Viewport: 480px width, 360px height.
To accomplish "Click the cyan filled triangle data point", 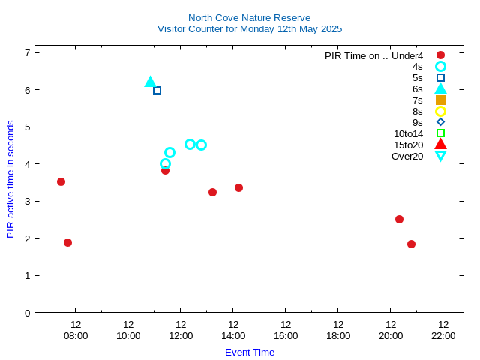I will click(150, 82).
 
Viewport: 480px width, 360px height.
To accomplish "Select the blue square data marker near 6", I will click(157, 90).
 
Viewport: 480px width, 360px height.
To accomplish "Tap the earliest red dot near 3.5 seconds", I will click(61, 181).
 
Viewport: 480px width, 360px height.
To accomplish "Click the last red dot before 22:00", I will click(411, 244).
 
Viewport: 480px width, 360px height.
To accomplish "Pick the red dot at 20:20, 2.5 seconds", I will click(399, 219).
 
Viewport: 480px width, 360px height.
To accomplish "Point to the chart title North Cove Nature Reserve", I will click(249, 17).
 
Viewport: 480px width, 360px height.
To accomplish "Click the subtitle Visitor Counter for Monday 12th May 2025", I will click(249, 29).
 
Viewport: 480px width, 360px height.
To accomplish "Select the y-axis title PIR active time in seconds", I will click(10, 179).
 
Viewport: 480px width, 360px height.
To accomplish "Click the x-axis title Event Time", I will click(249, 352).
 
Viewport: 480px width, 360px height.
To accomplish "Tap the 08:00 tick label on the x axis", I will click(76, 335).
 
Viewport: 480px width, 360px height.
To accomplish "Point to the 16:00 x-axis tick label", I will click(286, 335).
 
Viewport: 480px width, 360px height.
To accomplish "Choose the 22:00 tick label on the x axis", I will click(443, 335).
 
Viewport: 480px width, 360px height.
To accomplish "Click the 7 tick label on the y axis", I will click(27, 52).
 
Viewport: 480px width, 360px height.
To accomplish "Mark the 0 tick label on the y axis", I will click(27, 313).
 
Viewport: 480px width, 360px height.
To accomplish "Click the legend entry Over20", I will click(407, 156).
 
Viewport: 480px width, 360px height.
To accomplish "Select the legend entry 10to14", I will click(408, 133).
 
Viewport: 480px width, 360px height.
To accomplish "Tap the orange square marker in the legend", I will click(440, 100).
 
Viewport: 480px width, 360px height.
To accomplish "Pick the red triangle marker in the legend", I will click(440, 144).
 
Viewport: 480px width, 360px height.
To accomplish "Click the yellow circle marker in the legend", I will click(440, 111).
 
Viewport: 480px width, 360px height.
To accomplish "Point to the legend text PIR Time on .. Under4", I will click(373, 55).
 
